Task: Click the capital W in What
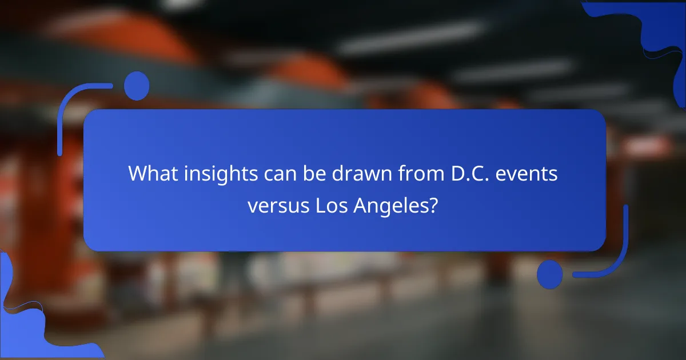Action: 136,173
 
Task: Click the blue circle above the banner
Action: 137,86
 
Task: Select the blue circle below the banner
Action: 550,274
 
